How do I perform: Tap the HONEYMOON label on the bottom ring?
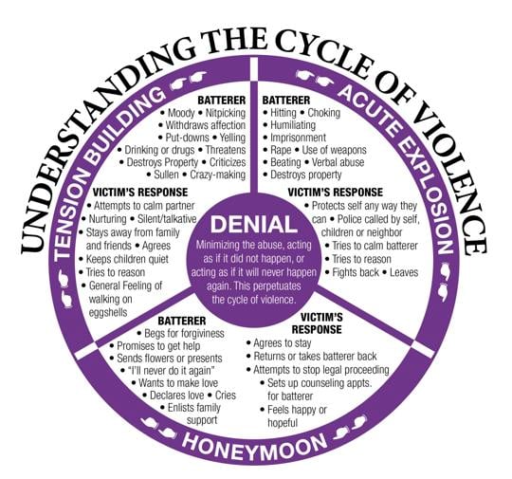255,443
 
